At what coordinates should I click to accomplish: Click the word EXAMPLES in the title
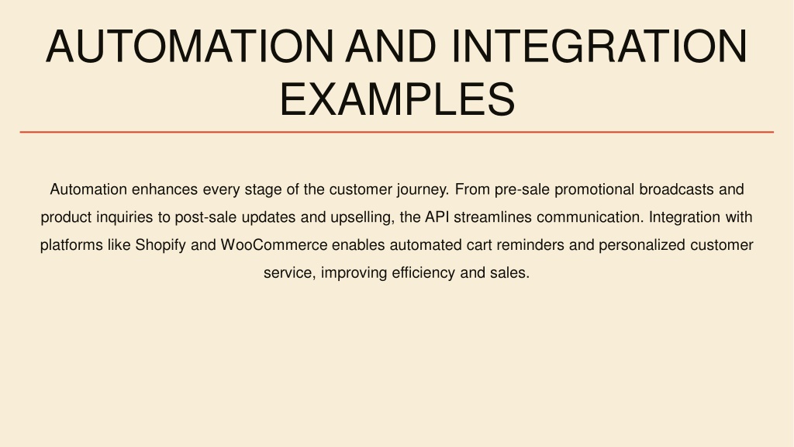pos(397,99)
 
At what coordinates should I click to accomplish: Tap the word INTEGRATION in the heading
pos(599,47)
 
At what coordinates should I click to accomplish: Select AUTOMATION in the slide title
pos(189,47)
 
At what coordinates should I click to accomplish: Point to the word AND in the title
pos(391,47)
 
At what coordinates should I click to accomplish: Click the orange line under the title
pos(397,132)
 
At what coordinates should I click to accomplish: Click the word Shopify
pos(160,245)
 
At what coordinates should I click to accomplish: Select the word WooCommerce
pos(274,245)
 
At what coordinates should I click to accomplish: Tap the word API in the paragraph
pos(437,217)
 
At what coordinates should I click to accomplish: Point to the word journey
pos(423,190)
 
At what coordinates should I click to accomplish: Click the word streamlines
pos(492,217)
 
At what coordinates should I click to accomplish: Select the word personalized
pos(642,245)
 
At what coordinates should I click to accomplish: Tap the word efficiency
pos(423,273)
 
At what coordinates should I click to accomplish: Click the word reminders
pos(530,245)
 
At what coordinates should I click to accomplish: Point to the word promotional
pos(595,190)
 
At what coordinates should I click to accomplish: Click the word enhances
pos(164,189)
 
